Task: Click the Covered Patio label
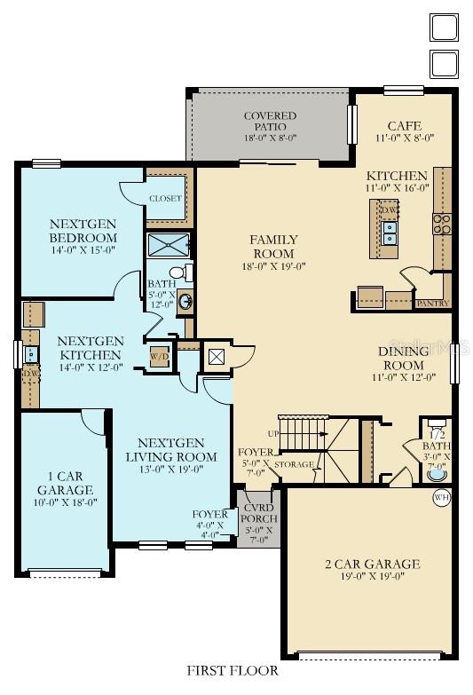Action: point(270,122)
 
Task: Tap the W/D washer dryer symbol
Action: point(161,357)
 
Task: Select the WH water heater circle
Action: point(441,498)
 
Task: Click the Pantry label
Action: point(432,304)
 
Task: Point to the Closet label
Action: point(165,199)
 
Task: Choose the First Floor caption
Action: point(233,671)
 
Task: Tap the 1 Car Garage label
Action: point(65,484)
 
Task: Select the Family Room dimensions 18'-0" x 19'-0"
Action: point(273,265)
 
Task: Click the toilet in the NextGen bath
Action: point(177,272)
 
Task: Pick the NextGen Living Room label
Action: point(178,450)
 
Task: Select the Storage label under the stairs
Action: point(294,464)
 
